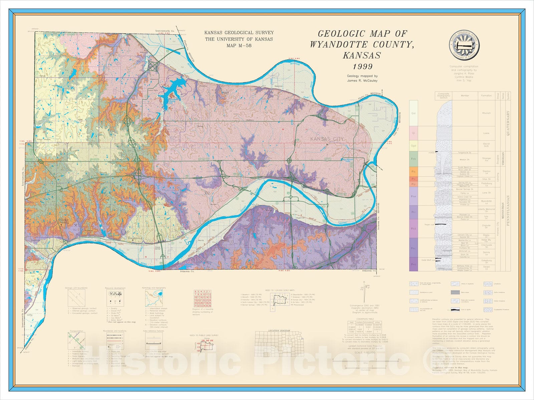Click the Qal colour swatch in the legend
(414, 113)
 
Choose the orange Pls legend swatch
(414, 171)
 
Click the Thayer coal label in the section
(427, 225)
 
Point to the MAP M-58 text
(239, 45)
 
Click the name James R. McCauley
(362, 80)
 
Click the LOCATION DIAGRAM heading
(279, 331)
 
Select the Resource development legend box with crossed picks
(115, 297)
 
